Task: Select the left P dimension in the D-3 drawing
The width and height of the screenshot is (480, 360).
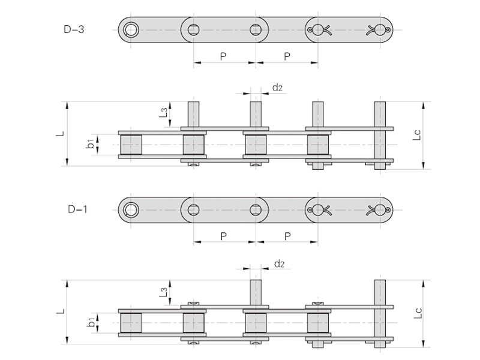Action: [x=223, y=56]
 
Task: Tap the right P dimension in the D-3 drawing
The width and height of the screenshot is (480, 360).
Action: [x=287, y=56]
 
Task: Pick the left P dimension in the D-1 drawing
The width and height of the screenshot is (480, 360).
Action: [x=223, y=236]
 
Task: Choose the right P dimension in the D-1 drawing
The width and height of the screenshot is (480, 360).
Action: [x=287, y=236]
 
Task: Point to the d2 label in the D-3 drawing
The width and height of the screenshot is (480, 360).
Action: [x=277, y=88]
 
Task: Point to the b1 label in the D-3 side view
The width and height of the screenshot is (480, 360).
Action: [x=90, y=144]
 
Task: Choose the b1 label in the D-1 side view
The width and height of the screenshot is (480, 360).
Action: [x=90, y=323]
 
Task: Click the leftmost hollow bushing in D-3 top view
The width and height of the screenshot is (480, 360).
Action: [x=130, y=29]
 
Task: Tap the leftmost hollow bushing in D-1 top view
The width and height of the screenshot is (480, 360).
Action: [x=130, y=209]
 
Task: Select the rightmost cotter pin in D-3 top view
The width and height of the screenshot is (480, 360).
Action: [x=380, y=29]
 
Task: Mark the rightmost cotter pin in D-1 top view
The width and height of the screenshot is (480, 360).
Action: [x=380, y=209]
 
